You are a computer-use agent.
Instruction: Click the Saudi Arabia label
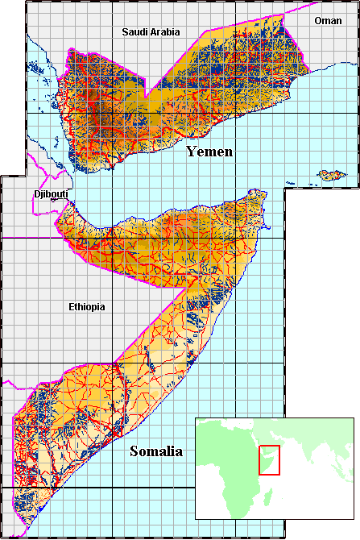pyautogui.click(x=151, y=32)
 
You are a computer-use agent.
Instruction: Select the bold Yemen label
pyautogui.click(x=209, y=152)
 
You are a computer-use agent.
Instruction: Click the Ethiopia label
pyautogui.click(x=86, y=307)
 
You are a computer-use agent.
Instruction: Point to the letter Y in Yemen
pyautogui.click(x=192, y=152)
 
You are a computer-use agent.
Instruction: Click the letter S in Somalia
pyautogui.click(x=134, y=451)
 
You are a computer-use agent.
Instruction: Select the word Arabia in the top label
pyautogui.click(x=164, y=32)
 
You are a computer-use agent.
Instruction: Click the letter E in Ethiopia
pyautogui.click(x=71, y=307)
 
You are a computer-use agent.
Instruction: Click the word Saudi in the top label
pyautogui.click(x=134, y=32)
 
